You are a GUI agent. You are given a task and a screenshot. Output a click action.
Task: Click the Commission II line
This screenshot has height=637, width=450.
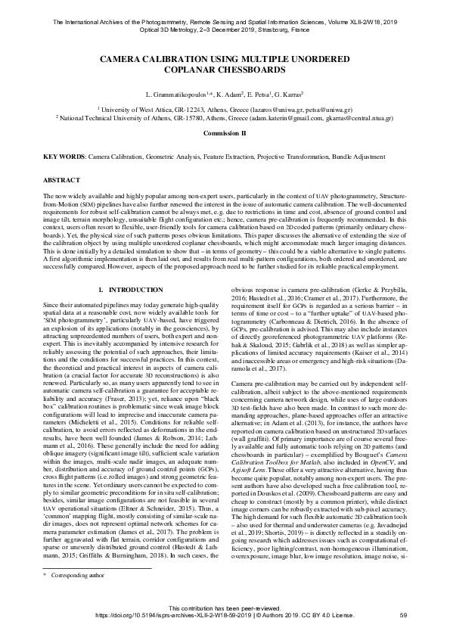pyautogui.click(x=225, y=132)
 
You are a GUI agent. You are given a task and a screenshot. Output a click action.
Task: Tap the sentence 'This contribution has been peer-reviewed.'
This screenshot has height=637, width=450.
pyautogui.click(x=225, y=607)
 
